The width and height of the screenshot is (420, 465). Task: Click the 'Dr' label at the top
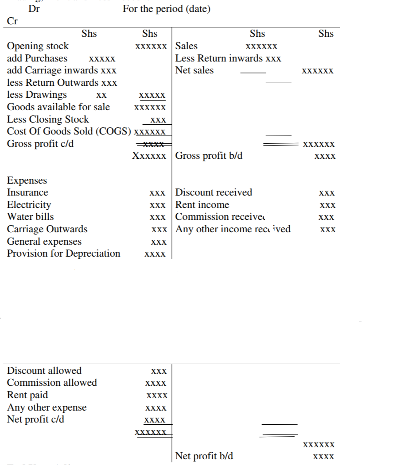[x=34, y=9]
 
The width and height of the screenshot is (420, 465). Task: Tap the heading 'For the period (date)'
[x=167, y=9]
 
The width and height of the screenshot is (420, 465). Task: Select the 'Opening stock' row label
[x=38, y=46]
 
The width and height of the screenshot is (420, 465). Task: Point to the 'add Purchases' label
[x=37, y=58]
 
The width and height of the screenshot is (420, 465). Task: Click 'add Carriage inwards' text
[x=53, y=70]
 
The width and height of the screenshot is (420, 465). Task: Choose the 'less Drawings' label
[x=37, y=95]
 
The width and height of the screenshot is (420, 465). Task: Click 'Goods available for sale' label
[x=58, y=107]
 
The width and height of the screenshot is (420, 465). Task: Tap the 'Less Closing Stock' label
[x=48, y=119]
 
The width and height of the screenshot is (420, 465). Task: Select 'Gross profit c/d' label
[x=40, y=144]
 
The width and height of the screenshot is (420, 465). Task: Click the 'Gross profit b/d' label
[x=209, y=156]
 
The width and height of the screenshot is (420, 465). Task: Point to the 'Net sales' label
[x=194, y=70]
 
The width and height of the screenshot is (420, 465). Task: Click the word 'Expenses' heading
[x=27, y=181]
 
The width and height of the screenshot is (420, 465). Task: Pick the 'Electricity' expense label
[x=29, y=205]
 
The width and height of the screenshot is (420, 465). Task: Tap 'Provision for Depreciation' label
[x=63, y=254]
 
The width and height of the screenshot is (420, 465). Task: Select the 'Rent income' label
[x=202, y=205]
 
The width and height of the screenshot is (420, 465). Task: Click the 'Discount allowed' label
[x=44, y=371]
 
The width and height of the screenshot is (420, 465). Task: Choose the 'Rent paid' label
[x=27, y=395]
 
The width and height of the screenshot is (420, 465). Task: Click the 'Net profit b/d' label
[x=204, y=456]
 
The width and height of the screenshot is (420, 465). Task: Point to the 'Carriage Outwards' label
[x=47, y=229]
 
